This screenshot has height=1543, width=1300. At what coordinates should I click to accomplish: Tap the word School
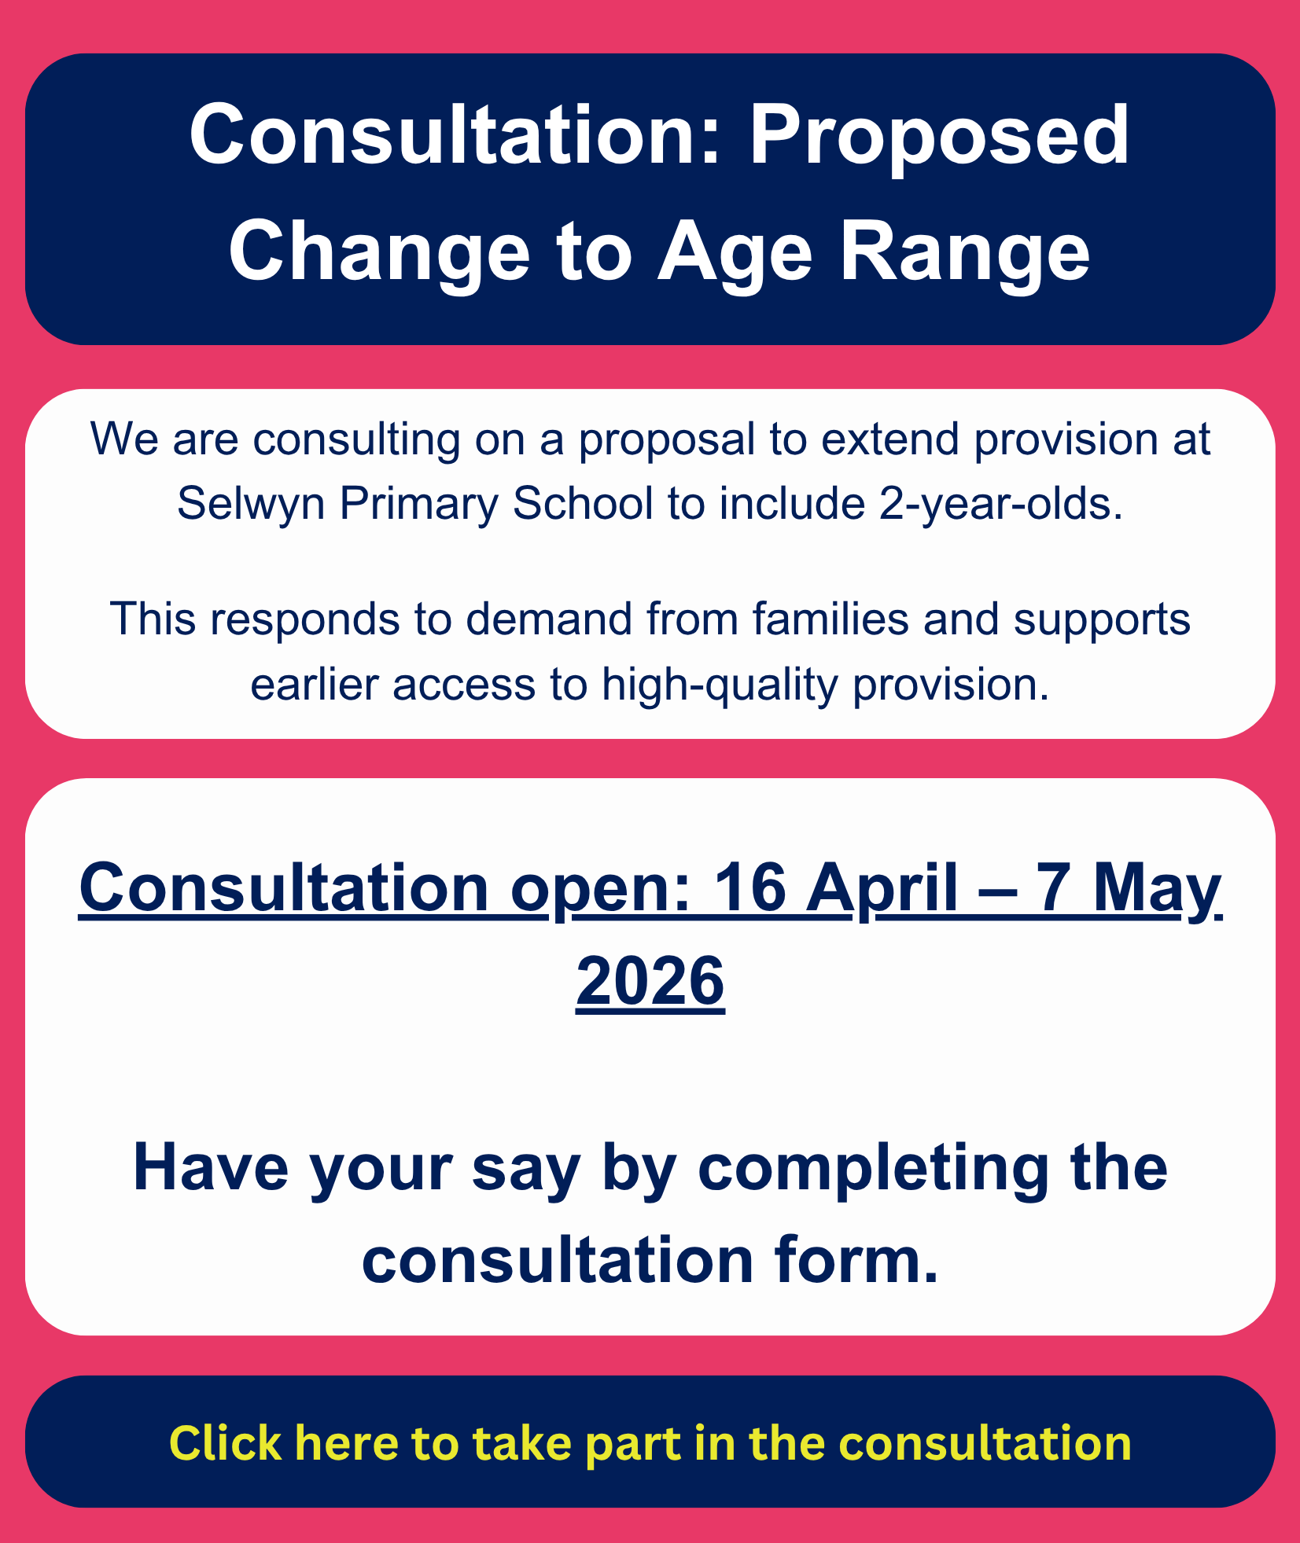point(584,503)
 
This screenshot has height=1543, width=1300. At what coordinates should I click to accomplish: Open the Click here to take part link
point(650,1443)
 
